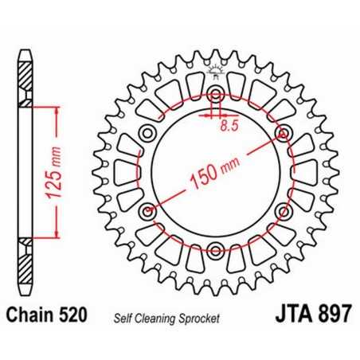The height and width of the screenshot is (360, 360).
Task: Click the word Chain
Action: (32, 315)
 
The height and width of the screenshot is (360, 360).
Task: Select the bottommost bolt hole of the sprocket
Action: (216, 252)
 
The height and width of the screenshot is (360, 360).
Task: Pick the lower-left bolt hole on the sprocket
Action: (147, 212)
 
